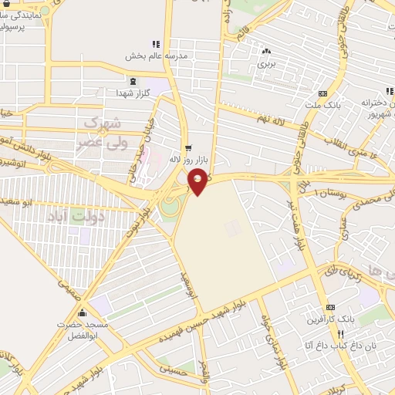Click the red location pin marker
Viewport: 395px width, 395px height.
199,181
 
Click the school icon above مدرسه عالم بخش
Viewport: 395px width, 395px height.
155,44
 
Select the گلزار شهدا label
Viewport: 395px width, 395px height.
133,93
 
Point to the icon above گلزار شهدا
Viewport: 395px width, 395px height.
133,81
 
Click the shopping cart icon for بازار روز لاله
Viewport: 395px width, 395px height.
188,147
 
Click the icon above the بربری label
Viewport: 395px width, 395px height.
266,51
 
